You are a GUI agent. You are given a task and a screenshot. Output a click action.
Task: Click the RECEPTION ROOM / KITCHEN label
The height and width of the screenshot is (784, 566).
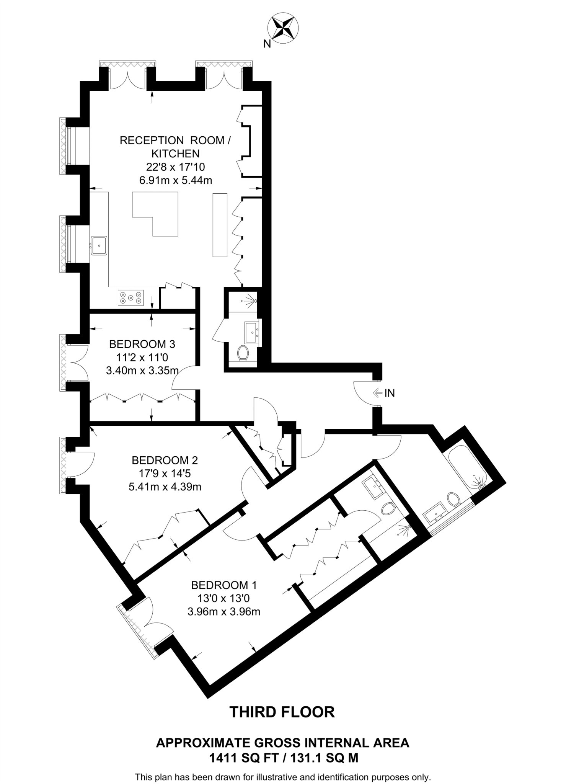pyautogui.click(x=175, y=147)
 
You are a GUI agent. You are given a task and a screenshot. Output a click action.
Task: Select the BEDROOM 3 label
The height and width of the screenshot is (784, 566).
pyautogui.click(x=142, y=344)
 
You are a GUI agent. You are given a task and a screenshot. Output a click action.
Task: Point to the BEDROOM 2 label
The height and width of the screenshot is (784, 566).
pyautogui.click(x=165, y=460)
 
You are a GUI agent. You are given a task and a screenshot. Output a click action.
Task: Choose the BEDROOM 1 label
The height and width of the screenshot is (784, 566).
pyautogui.click(x=224, y=585)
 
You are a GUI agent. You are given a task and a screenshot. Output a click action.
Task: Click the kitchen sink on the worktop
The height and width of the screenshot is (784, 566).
pyautogui.click(x=99, y=245)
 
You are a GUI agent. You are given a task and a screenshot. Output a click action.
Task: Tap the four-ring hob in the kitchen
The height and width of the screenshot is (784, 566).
pyautogui.click(x=131, y=297)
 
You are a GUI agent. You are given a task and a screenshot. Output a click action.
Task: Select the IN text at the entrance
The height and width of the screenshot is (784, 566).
pyautogui.click(x=390, y=393)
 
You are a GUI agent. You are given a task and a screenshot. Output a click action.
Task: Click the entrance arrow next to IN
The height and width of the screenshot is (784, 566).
pyautogui.click(x=377, y=393)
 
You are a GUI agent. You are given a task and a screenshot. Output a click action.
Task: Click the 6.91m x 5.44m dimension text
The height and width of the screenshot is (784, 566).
pyautogui.click(x=176, y=180)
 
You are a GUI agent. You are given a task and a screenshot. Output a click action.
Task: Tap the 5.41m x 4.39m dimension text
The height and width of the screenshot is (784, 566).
pyautogui.click(x=165, y=487)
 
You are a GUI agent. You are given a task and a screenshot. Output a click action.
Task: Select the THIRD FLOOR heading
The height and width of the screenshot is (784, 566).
pyautogui.click(x=282, y=712)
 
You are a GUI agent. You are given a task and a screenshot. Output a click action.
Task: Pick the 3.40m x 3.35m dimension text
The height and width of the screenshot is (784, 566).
pyautogui.click(x=142, y=371)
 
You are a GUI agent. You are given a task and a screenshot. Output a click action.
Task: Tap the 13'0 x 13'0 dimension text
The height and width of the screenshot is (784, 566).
pyautogui.click(x=224, y=598)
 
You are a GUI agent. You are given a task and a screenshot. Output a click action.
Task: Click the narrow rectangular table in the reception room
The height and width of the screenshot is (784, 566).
pyautogui.click(x=220, y=225)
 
